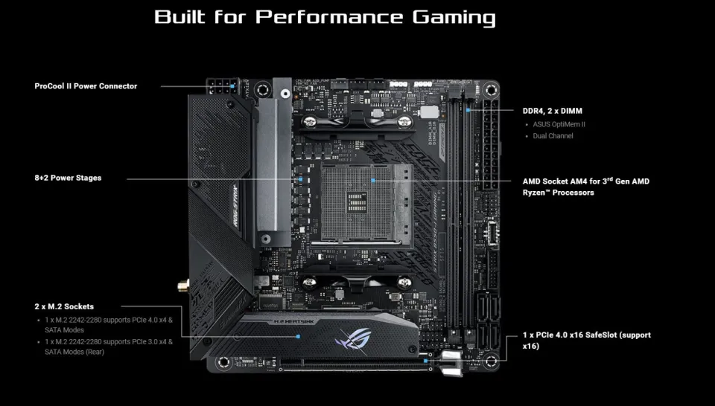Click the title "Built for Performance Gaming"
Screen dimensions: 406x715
pyautogui.click(x=325, y=17)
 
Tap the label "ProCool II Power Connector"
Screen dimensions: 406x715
pyautogui.click(x=86, y=86)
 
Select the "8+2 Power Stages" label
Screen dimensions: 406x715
pyautogui.click(x=68, y=178)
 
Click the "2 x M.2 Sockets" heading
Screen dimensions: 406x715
pyautogui.click(x=64, y=306)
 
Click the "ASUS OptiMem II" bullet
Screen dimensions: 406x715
pyautogui.click(x=559, y=124)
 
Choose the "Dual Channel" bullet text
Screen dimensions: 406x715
pyautogui.click(x=553, y=136)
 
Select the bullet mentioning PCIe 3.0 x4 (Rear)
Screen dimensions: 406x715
pyautogui.click(x=108, y=347)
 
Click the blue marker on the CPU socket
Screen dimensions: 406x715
pyautogui.click(x=372, y=179)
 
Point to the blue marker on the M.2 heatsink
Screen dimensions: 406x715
pyautogui.click(x=298, y=335)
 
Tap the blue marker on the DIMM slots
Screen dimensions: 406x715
pyautogui.click(x=468, y=111)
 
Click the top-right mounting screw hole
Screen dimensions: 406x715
pyautogui.click(x=490, y=91)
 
